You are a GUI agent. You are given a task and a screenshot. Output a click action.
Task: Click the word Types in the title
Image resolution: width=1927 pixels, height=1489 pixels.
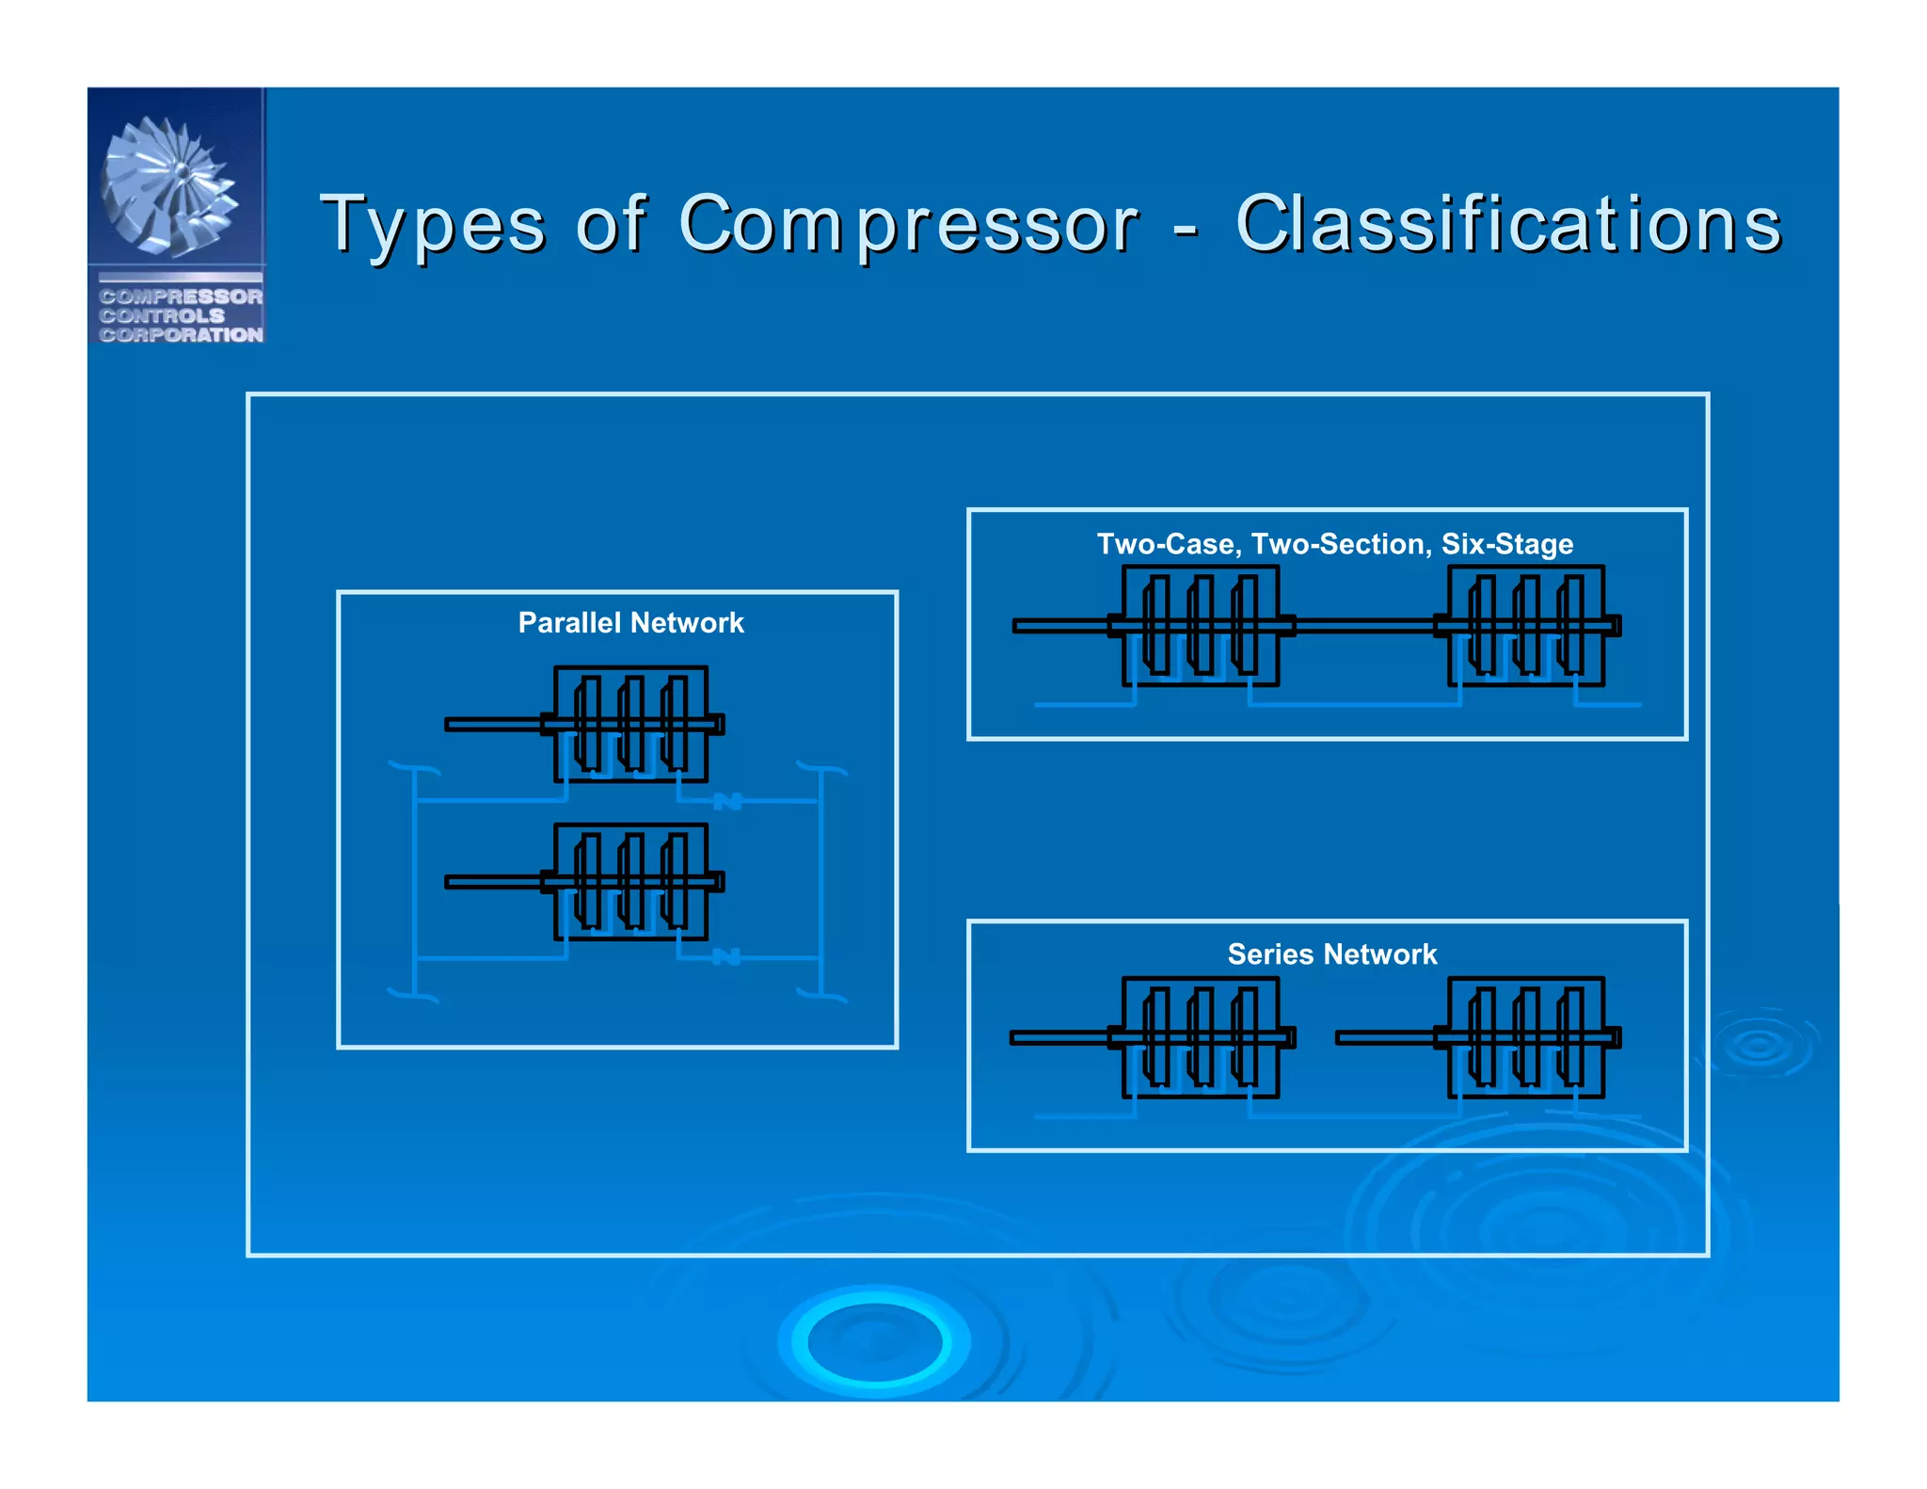point(432,225)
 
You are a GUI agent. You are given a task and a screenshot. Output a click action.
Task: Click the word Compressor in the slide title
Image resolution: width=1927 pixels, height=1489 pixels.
point(908,225)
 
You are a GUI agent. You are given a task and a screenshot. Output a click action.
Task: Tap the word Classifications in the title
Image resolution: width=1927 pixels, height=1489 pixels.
point(1507,225)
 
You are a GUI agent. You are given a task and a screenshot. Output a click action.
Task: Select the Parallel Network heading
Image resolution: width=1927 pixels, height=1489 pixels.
point(630,622)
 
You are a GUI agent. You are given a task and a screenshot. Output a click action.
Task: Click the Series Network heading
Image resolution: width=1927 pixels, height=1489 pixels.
point(1331,953)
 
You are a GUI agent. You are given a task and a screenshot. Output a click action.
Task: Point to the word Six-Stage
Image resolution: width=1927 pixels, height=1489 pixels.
point(1506,543)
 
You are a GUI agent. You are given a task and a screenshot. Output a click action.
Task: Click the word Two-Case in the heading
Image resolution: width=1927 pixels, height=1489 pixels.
point(1165,543)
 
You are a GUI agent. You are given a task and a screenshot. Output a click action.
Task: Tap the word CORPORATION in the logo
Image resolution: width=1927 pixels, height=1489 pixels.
point(181,335)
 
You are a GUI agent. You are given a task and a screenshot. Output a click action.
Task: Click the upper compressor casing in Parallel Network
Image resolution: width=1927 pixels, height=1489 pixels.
point(630,724)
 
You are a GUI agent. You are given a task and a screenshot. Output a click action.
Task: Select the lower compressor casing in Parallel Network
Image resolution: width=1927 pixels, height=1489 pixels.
point(630,881)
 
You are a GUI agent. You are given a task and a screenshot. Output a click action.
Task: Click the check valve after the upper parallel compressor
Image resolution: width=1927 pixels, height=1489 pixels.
point(727,801)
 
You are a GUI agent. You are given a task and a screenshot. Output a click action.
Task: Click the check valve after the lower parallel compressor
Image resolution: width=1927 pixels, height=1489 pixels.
point(726,957)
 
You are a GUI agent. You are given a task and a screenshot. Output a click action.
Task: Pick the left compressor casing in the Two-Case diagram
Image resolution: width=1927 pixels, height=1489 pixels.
point(1200,625)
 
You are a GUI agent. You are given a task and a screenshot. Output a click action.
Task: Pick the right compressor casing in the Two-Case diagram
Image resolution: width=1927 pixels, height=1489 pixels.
point(1525,625)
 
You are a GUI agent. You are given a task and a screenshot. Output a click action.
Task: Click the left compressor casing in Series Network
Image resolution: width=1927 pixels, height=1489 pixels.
point(1200,1036)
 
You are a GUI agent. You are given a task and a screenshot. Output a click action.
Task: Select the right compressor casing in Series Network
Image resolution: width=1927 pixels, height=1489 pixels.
point(1525,1036)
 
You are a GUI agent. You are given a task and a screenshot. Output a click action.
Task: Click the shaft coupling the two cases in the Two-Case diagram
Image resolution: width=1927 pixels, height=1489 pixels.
point(1364,625)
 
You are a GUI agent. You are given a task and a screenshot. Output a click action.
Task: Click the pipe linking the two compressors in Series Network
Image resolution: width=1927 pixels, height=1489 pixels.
point(1355,1116)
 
